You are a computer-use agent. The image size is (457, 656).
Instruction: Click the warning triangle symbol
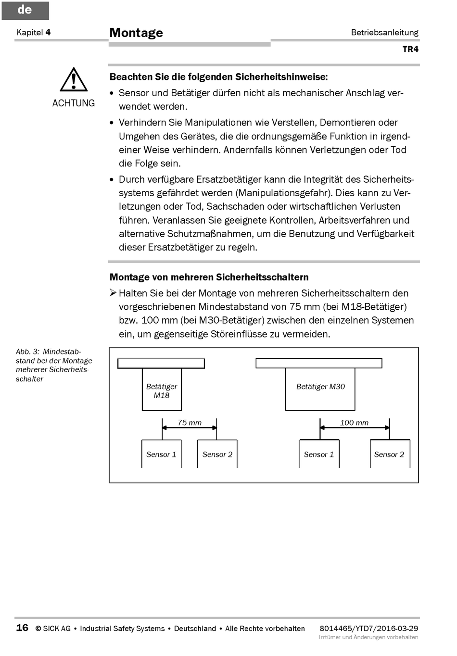pos(74,80)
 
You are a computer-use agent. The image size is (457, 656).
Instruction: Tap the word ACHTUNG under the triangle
pos(74,103)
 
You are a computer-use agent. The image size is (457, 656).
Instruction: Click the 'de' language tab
pos(25,10)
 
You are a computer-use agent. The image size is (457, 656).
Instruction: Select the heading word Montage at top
pos(136,33)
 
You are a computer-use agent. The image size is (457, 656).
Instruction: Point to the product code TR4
pos(410,49)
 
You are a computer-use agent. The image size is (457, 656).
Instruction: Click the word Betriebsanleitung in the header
pos(384,32)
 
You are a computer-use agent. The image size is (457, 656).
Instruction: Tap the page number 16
pos(22,628)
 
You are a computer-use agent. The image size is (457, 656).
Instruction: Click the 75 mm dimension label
pos(190,423)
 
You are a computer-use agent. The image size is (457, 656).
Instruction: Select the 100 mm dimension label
pos(354,423)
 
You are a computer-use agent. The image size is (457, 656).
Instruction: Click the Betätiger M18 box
pos(162,390)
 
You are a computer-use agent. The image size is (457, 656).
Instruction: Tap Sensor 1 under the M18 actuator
pos(161,454)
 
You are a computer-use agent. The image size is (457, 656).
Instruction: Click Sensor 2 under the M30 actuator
pos(389,454)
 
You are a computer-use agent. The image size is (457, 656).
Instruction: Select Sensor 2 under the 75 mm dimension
pos(217,454)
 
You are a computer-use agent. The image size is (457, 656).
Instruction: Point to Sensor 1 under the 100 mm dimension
pos(318,454)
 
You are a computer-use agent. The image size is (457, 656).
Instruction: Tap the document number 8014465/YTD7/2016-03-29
pos(369,628)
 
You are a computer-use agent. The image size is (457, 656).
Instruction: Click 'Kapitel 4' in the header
pos(33,32)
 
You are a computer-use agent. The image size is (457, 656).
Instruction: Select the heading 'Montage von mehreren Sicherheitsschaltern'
pos(209,277)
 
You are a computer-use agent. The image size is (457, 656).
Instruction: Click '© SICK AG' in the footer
pos(53,629)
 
